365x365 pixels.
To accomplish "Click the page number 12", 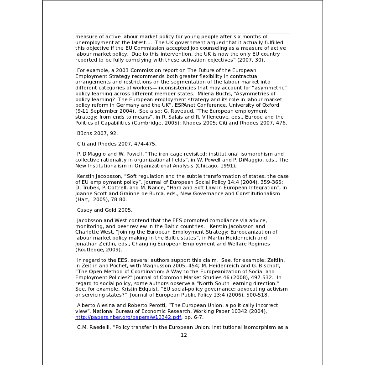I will pyautogui.click(x=184, y=335).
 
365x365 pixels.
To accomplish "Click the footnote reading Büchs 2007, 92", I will pyautogui.click(x=97, y=133).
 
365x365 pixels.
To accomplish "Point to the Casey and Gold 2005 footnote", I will pyautogui.click(x=104, y=210).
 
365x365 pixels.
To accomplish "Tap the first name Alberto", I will pyautogui.click(x=87, y=305).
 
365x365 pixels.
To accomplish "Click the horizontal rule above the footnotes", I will pyautogui.click(x=182, y=33).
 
